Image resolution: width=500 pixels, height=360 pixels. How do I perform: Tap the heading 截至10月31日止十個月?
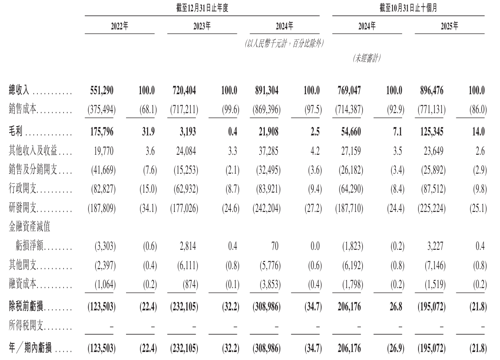(408, 8)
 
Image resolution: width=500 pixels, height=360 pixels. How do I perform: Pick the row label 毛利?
(16, 132)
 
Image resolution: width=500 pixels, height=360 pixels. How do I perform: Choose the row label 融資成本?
(24, 285)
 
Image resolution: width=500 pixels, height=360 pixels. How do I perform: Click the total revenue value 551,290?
(102, 90)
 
